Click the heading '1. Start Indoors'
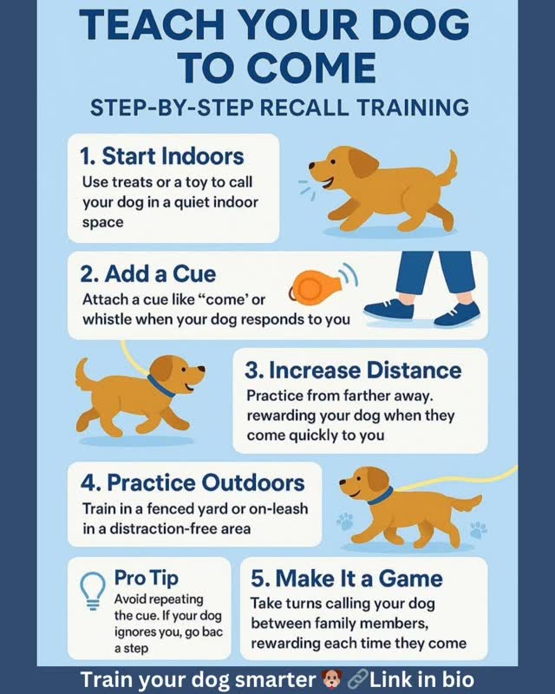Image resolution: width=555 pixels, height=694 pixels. click(162, 156)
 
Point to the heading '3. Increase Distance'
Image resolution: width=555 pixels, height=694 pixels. click(353, 370)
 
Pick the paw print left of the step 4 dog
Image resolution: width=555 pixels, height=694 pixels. click(345, 521)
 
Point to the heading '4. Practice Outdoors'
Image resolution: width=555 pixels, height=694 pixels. click(193, 482)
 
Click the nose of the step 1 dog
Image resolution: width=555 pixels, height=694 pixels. click(311, 166)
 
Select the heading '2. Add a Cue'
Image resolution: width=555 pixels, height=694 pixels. click(147, 274)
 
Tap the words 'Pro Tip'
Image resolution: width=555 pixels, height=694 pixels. click(147, 578)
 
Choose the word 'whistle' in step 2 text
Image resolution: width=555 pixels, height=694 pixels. click(107, 318)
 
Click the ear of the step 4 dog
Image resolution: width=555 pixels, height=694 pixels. click(377, 481)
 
